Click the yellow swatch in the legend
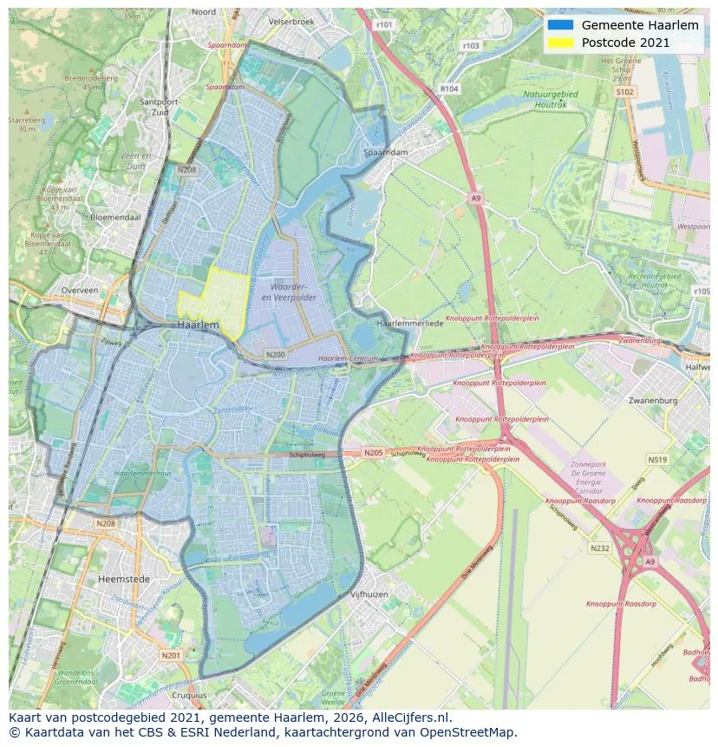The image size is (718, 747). (x=560, y=43)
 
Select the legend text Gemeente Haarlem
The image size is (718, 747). (x=628, y=25)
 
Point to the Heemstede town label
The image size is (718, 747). (x=124, y=579)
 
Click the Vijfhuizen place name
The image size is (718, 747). (x=369, y=594)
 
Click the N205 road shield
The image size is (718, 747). (x=373, y=453)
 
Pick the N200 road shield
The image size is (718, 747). (x=275, y=355)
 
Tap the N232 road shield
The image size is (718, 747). (x=599, y=547)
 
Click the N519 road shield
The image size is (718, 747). (x=657, y=460)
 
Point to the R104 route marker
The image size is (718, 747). (x=448, y=88)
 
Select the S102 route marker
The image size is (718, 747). (x=624, y=91)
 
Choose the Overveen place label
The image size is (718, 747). (x=80, y=291)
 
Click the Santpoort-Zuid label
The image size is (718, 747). (x=160, y=107)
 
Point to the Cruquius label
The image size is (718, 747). (x=189, y=695)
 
